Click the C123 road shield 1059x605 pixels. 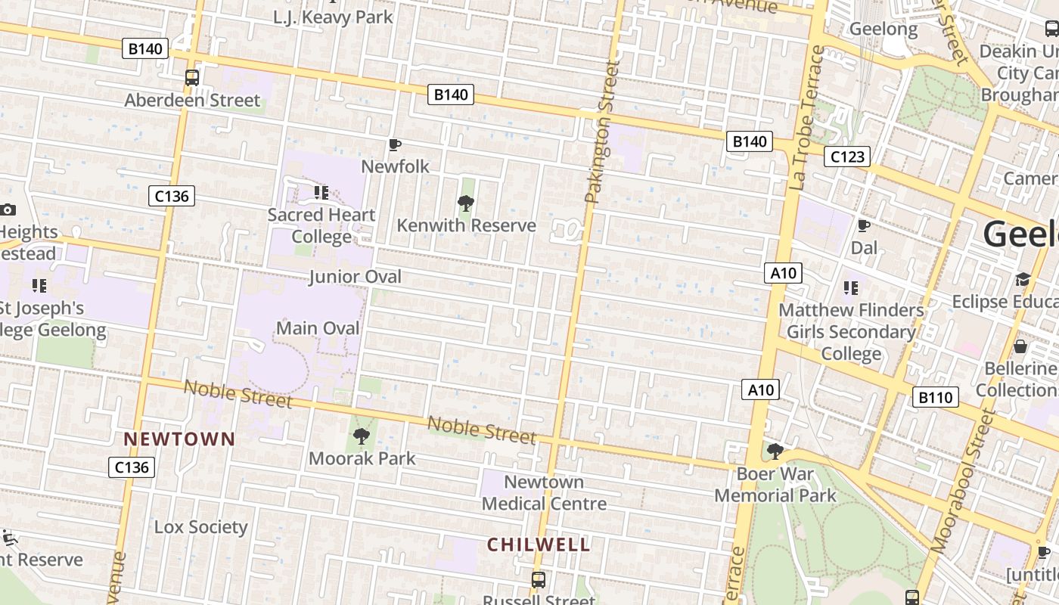(846, 157)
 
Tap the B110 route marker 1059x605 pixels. (936, 397)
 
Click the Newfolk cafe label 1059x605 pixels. (395, 166)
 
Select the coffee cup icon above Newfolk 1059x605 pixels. (394, 144)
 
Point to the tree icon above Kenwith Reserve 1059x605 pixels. (466, 203)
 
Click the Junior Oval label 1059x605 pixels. (355, 277)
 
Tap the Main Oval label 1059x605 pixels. (318, 328)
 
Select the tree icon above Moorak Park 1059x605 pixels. (362, 436)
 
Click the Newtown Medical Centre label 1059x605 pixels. (544, 492)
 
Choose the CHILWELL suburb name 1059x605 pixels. (538, 544)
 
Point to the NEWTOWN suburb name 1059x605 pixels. (179, 439)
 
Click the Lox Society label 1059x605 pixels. (200, 527)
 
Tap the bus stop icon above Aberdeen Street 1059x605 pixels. (192, 77)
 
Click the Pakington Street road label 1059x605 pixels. (602, 132)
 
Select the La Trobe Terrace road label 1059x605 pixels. (806, 117)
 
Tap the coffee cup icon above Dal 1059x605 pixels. (863, 225)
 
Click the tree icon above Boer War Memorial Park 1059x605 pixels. (775, 452)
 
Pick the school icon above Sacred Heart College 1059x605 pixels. (321, 193)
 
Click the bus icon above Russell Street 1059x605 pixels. (539, 580)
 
